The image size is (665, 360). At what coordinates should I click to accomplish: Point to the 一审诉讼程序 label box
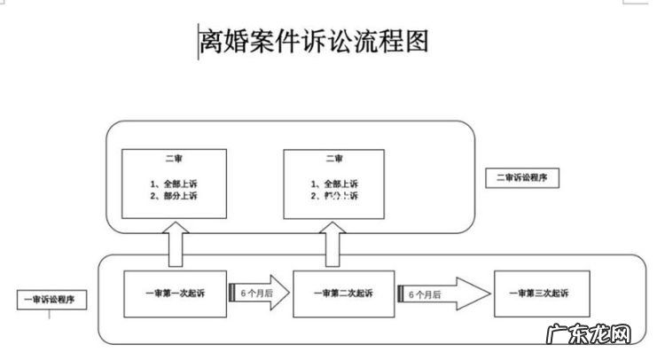tap(51, 300)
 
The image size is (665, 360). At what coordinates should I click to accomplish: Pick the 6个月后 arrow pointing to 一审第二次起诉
tap(259, 292)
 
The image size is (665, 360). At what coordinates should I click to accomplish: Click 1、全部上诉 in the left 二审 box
tap(175, 184)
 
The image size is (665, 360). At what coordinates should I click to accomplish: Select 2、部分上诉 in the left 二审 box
tap(175, 196)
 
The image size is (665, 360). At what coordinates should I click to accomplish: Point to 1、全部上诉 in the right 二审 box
tap(334, 184)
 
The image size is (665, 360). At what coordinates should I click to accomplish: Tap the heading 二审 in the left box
tap(175, 160)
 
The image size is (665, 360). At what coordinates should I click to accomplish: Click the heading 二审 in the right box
tap(334, 160)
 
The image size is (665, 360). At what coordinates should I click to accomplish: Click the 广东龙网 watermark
tap(601, 338)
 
